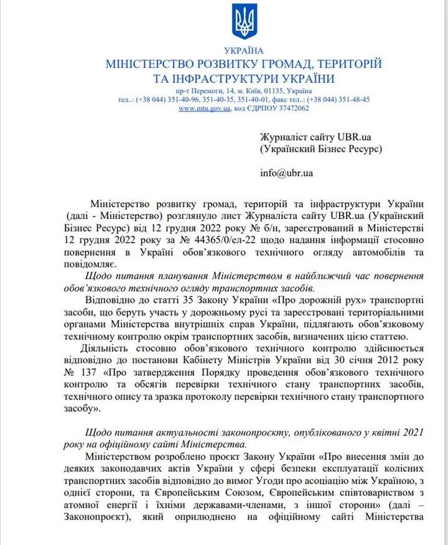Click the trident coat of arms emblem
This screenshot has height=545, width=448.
[x=244, y=22]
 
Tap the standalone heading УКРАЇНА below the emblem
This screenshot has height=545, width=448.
[x=244, y=50]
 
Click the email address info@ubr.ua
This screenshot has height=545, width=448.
[x=286, y=172]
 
